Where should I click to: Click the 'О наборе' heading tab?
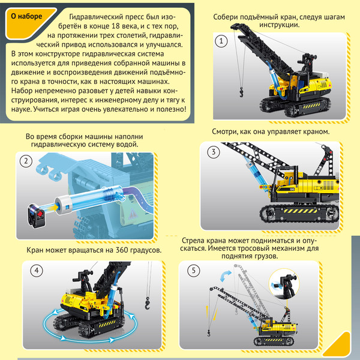[x=26, y=16]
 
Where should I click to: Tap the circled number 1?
[x=221, y=41]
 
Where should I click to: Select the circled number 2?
[x=26, y=161]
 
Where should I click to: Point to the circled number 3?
[x=213, y=152]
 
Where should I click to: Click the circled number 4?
[x=37, y=271]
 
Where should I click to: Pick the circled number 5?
[x=194, y=271]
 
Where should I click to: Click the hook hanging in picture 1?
[x=242, y=92]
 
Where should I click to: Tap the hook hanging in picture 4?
[x=148, y=303]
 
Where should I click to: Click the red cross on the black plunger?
[x=40, y=214]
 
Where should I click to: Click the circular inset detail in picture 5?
[x=284, y=284]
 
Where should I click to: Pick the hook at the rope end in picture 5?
[x=209, y=332]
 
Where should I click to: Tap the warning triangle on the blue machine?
[x=133, y=214]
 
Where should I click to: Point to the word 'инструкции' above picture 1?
[x=280, y=25]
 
